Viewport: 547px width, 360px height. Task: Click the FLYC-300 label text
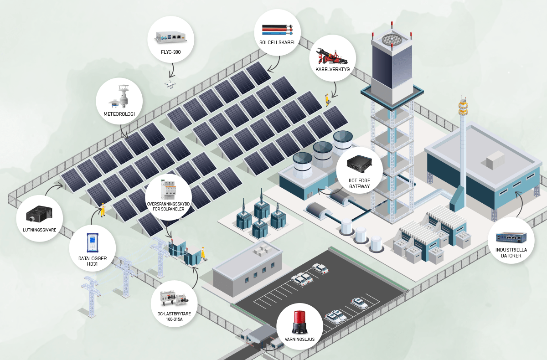point(171,52)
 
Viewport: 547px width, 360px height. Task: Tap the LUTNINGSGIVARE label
point(40,230)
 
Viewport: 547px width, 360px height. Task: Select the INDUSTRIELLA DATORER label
point(511,252)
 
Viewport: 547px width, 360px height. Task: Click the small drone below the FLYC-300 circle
point(171,84)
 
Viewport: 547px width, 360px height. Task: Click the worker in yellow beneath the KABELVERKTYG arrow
point(327,99)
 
